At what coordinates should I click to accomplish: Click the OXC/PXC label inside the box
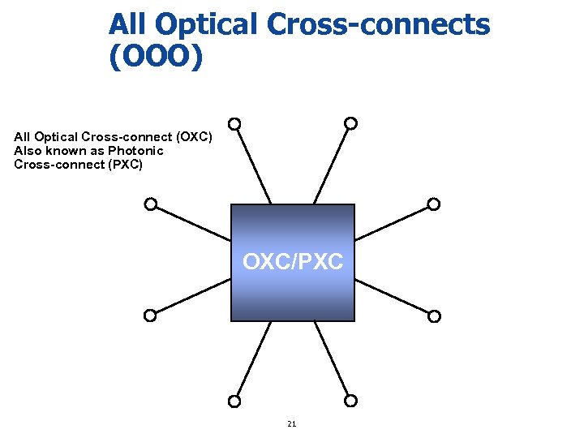[x=293, y=262]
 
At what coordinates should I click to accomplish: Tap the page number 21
[x=292, y=423]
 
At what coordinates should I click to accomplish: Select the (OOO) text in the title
[x=154, y=56]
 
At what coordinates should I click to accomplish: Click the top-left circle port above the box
[x=234, y=124]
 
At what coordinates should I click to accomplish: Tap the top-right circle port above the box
[x=351, y=123]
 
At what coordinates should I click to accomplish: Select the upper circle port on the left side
[x=151, y=204]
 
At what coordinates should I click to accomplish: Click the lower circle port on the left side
[x=151, y=316]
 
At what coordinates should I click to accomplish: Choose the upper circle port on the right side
[x=434, y=204]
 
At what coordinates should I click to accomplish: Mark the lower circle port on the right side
[x=434, y=316]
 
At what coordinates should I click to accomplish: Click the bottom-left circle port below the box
[x=234, y=401]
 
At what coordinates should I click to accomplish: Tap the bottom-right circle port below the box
[x=351, y=401]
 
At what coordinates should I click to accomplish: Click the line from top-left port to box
[x=253, y=167]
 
